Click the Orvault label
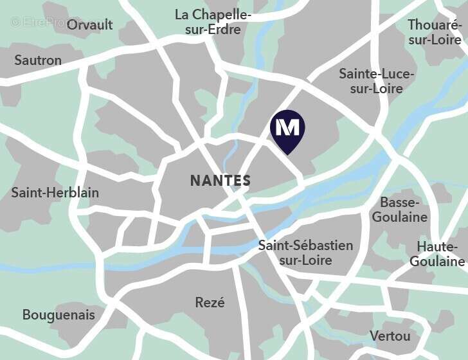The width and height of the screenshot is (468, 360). (89, 25)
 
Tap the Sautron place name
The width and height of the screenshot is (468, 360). (38, 60)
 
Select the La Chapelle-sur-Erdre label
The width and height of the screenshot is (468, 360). (213, 22)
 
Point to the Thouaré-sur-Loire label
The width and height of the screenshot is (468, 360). (435, 32)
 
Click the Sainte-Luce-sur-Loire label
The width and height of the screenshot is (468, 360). (377, 81)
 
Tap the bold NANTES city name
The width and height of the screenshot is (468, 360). (221, 181)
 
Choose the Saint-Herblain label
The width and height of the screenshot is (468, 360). (55, 193)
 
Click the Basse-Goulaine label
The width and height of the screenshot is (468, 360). (399, 210)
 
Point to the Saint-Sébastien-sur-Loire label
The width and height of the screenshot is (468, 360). (305, 253)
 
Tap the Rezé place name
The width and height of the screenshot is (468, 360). (210, 302)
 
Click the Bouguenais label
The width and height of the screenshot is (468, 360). (59, 315)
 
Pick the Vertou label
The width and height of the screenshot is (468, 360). (390, 336)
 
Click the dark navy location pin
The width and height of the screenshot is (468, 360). (287, 131)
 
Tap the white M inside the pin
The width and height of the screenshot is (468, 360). (287, 127)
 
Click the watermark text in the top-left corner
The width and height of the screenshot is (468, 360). (39, 22)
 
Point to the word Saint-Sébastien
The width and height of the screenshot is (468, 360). (305, 245)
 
